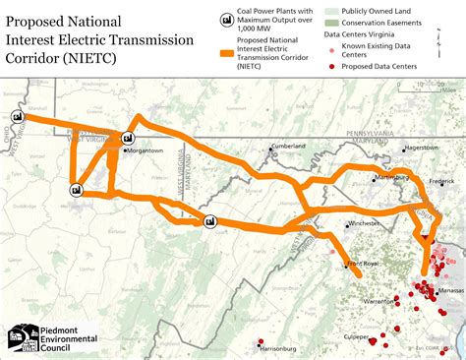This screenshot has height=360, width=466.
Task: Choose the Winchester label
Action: click(364, 223)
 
